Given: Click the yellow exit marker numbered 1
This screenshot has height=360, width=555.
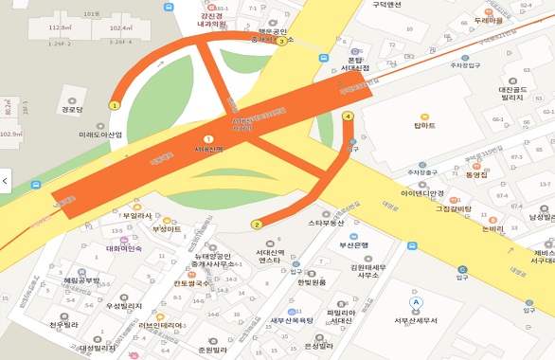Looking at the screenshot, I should coord(115,105).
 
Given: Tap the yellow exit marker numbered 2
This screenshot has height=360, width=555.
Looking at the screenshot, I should coord(256,225).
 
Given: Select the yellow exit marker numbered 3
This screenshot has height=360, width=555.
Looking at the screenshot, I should coord(281,42).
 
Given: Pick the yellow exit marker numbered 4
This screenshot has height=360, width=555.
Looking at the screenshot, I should coord(349,117).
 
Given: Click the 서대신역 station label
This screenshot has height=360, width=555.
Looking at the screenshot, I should coord(208,149).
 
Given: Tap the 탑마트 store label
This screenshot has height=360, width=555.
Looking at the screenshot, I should coord(424,125).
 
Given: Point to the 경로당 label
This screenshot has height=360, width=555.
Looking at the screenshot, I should coord(72,109).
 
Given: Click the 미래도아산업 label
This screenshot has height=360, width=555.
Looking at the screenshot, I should coord(100,135).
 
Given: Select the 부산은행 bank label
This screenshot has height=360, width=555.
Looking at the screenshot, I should coord(353,244).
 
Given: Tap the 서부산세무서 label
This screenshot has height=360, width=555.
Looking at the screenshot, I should coord(416,319).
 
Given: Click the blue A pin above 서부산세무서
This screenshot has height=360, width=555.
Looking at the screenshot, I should coord(415,303).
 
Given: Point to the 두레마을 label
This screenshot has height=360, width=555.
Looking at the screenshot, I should coord(489,19).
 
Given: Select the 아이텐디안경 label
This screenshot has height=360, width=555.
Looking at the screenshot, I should coord(422,192).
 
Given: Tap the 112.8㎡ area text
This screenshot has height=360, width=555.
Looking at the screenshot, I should coord(61,29).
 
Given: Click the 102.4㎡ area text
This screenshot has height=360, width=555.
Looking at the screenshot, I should coord(121,28).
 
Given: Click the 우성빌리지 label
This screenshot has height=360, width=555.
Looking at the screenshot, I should coord(123,305).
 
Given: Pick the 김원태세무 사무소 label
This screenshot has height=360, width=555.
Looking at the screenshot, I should coord(368,271).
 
